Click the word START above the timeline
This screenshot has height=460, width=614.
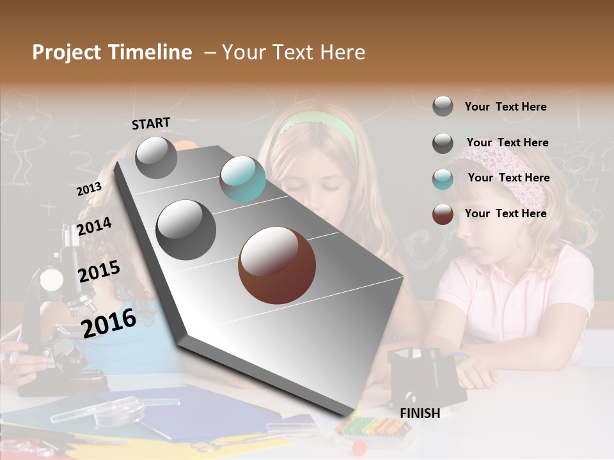(151, 123)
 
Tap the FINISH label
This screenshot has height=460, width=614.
(420, 413)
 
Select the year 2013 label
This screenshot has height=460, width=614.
(89, 189)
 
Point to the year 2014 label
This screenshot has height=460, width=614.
(94, 226)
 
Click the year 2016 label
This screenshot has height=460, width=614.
(109, 323)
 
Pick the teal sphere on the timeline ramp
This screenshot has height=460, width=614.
(242, 179)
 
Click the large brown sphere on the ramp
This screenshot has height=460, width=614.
(276, 265)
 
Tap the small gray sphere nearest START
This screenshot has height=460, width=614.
(156, 157)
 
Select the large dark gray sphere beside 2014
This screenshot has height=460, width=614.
(186, 229)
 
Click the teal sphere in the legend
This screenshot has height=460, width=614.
(443, 179)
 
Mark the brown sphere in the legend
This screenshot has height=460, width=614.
(443, 215)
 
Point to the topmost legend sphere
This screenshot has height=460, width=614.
(443, 106)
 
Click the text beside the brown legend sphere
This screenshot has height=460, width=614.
(505, 213)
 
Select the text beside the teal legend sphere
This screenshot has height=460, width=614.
(508, 178)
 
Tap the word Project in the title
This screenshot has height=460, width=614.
(66, 52)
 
